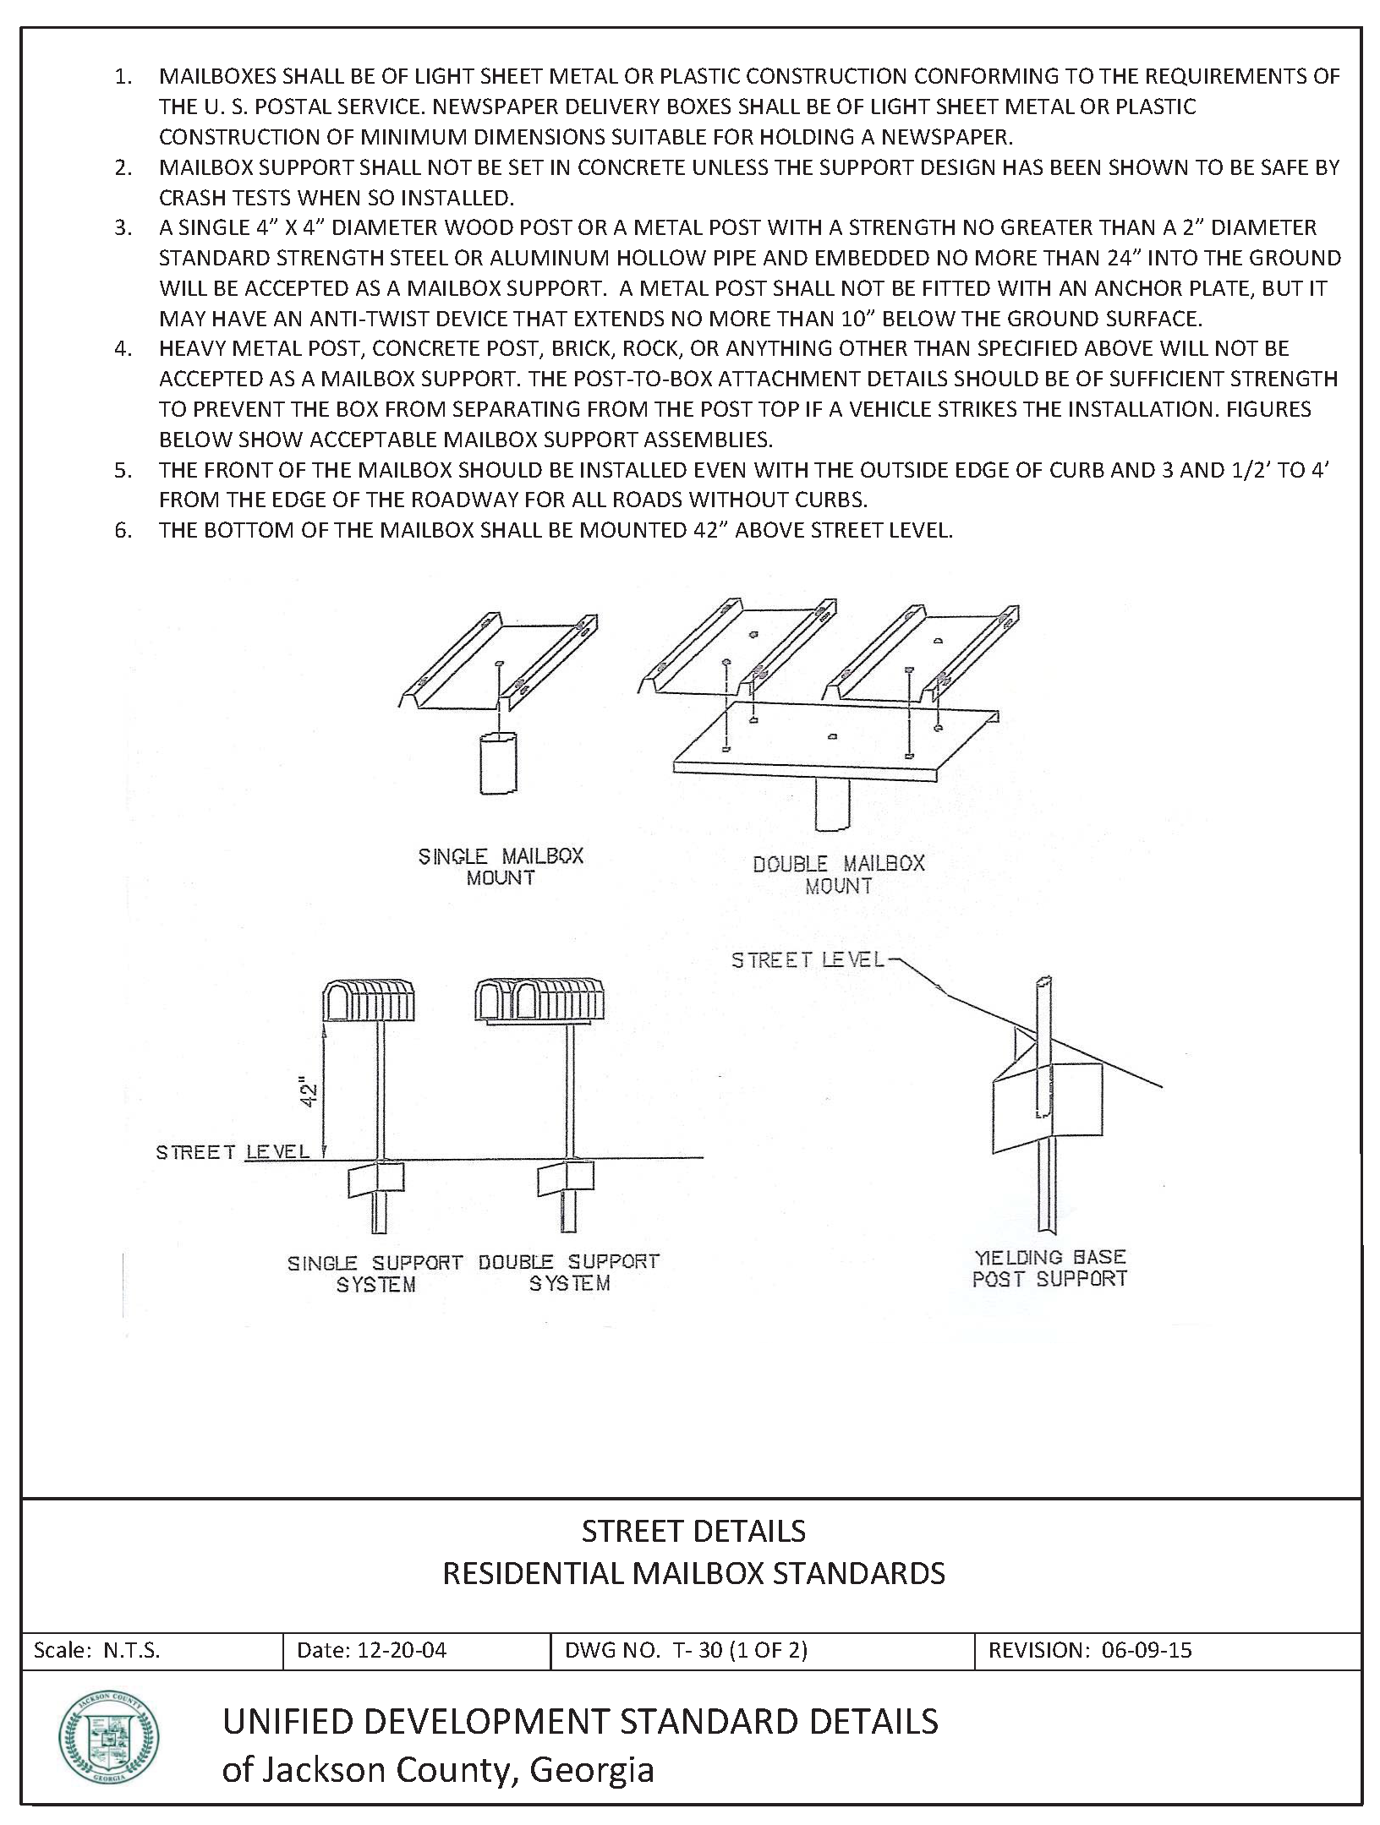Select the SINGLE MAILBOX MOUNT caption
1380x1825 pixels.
click(501, 866)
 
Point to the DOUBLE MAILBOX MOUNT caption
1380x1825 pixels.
click(839, 875)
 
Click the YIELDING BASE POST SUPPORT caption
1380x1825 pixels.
click(1049, 1268)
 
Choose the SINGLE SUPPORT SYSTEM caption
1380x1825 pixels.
click(375, 1274)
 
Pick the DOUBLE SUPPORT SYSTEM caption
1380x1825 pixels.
click(569, 1272)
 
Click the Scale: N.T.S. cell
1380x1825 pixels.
click(97, 1650)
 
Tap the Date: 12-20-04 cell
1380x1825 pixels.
click(372, 1650)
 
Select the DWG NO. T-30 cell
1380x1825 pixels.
click(681, 1650)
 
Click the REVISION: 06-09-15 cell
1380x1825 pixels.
click(1090, 1650)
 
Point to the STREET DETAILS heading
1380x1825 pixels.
click(693, 1531)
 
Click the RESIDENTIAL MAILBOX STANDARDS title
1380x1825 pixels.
click(693, 1573)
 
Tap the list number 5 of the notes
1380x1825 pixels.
click(123, 470)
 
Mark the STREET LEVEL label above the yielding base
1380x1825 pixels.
click(808, 960)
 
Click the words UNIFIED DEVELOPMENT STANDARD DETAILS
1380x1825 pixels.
click(580, 1722)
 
